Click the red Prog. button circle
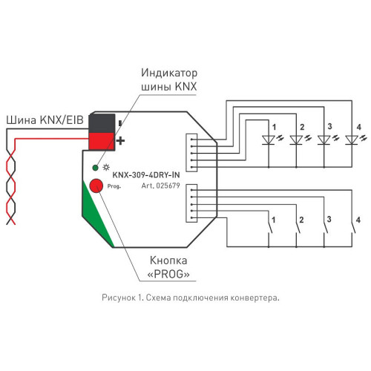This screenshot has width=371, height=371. (96, 185)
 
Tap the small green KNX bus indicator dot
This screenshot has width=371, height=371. (95, 168)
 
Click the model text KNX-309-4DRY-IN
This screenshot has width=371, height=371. (146, 175)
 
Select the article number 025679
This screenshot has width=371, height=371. (168, 185)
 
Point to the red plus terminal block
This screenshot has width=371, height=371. (102, 141)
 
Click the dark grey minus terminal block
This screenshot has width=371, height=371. (102, 123)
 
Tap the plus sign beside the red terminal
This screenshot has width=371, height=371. (120, 141)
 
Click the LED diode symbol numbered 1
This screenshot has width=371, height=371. (269, 139)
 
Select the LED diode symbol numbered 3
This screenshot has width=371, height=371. (324, 139)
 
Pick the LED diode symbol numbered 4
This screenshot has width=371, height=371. (352, 139)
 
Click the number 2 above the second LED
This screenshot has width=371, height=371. (302, 127)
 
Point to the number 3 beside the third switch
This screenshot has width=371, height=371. (329, 219)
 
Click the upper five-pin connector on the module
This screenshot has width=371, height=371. (191, 153)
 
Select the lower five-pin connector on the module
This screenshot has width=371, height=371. (191, 203)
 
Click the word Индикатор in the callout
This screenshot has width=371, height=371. (169, 73)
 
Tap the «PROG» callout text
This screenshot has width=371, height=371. (168, 274)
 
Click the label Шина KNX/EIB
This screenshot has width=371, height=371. (45, 120)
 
